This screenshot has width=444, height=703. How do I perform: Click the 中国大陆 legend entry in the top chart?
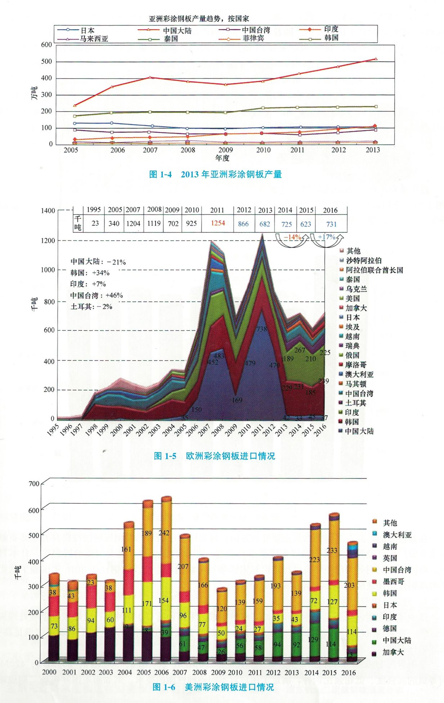pyautogui.click(x=177, y=31)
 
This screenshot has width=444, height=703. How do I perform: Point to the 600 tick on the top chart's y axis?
pyautogui.click(x=46, y=45)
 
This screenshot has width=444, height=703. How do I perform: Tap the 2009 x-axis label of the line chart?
pyautogui.click(x=225, y=150)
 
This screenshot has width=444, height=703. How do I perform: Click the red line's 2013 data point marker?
pyautogui.click(x=376, y=59)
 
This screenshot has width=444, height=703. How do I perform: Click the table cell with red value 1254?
pyautogui.click(x=217, y=223)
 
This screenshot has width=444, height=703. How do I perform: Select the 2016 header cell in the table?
pyautogui.click(x=330, y=210)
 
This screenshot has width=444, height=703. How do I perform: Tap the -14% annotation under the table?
pyautogui.click(x=292, y=237)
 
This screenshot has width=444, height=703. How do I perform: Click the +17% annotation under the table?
pyautogui.click(x=326, y=237)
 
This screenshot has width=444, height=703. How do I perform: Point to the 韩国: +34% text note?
pyautogui.click(x=90, y=273)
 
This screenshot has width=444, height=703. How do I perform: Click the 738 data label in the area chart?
pyautogui.click(x=262, y=329)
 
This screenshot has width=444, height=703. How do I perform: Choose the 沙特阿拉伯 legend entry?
pyautogui.click(x=364, y=261)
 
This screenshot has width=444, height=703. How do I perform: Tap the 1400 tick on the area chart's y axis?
pyautogui.click(x=48, y=211)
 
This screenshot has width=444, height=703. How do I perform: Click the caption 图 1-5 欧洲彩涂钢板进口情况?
pyautogui.click(x=214, y=456)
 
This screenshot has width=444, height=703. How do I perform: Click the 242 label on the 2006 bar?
pyautogui.click(x=164, y=533)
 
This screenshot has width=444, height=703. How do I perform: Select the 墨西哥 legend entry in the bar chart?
pyautogui.click(x=393, y=582)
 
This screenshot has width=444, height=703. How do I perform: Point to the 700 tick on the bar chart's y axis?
pyautogui.click(x=33, y=484)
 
